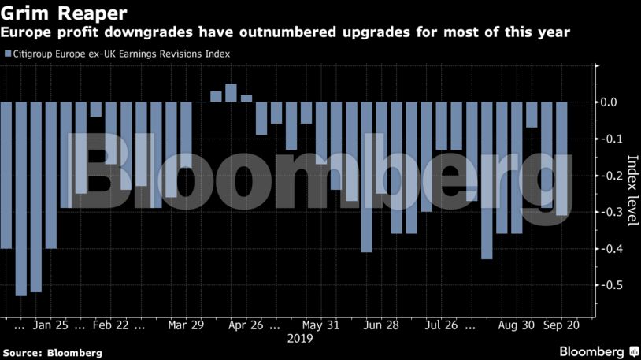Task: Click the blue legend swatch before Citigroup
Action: click(6, 54)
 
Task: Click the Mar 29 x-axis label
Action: click(187, 325)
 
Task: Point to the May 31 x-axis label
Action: click(320, 325)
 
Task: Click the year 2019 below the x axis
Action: click(299, 340)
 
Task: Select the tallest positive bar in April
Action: click(231, 93)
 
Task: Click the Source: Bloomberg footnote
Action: click(52, 352)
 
